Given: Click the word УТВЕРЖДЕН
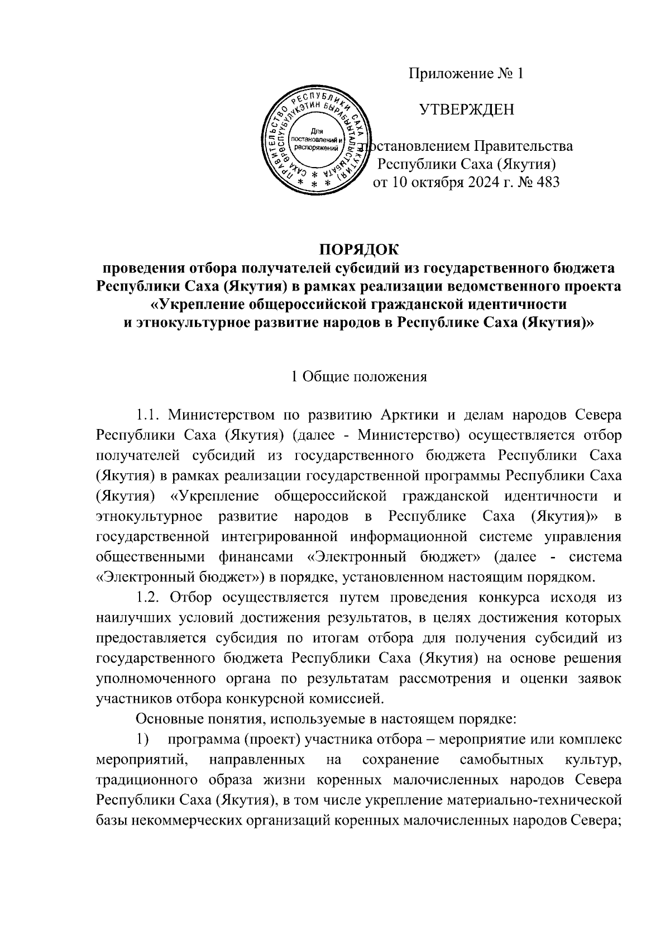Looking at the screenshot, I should [x=467, y=109].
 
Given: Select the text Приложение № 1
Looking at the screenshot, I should [x=467, y=74].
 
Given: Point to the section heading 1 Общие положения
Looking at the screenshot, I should [x=360, y=377].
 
